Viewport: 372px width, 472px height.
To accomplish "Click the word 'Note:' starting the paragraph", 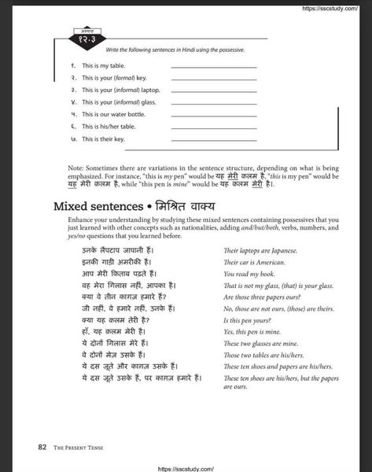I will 78,168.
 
